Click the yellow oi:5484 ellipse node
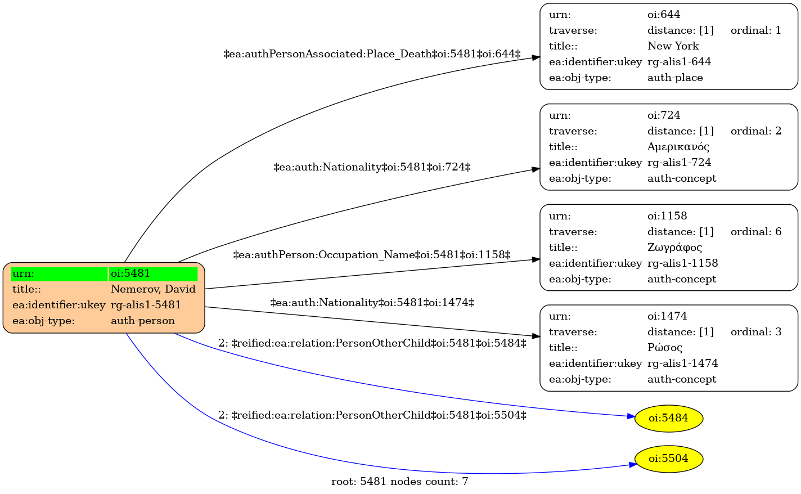coord(668,418)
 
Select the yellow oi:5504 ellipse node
coord(668,459)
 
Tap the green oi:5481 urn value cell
coord(153,273)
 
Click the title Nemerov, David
coord(153,289)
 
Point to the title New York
coord(673,46)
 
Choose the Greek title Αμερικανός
coord(678,147)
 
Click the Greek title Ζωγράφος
coord(674,248)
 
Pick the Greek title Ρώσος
coord(665,348)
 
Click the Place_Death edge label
coord(372,55)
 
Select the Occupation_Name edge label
coord(372,255)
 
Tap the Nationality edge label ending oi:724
coord(372,167)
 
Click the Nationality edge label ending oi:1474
coord(372,303)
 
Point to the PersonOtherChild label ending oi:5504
coord(372,415)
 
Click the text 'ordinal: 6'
coord(756,232)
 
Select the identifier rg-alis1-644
coord(679,62)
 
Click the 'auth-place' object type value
coord(675,78)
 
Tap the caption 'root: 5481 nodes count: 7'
coord(400,482)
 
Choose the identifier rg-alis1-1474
coord(683,363)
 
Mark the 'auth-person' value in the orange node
coord(143,321)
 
